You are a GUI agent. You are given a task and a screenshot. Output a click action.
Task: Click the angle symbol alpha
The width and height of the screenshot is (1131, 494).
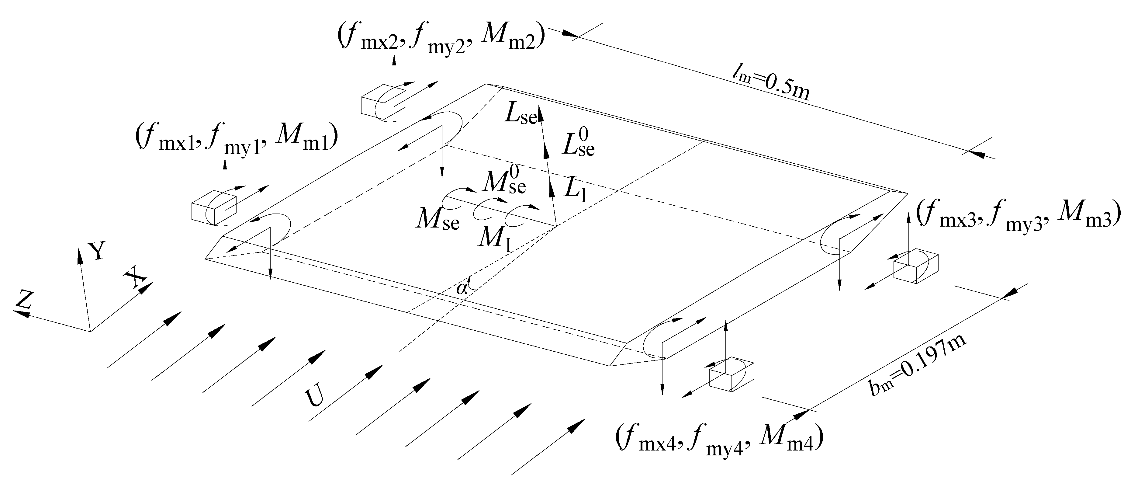(462, 288)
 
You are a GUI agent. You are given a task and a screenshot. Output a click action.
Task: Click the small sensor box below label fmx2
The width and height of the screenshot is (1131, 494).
(383, 101)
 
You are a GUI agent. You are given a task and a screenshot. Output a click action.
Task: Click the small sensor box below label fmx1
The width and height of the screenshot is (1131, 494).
(214, 206)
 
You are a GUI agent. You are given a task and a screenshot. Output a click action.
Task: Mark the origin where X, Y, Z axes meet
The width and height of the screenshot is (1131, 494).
(90, 331)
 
